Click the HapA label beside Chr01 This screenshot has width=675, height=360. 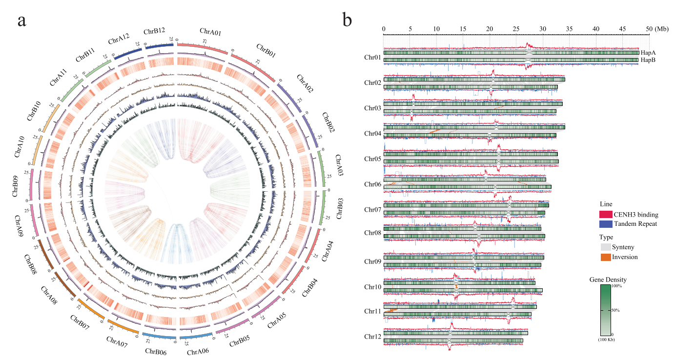tap(648, 53)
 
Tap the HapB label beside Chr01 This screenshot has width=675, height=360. tap(648, 60)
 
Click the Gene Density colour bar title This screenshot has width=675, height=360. tap(608, 280)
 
